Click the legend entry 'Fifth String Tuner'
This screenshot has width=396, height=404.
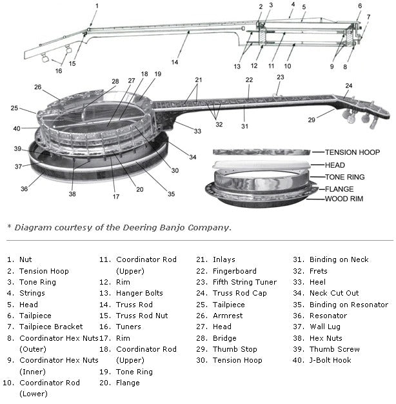click(244, 282)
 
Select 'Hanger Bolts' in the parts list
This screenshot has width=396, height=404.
click(139, 293)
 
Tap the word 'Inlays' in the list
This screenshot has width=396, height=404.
click(224, 259)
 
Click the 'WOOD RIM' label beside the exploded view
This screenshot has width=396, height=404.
click(344, 199)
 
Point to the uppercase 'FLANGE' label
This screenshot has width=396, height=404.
click(340, 189)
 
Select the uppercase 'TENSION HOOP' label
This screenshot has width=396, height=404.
click(352, 152)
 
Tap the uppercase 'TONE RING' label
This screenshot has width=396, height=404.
click(345, 177)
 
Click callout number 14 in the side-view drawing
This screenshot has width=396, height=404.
click(175, 63)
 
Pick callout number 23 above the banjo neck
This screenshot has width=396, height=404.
click(280, 77)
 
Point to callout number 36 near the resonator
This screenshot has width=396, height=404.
click(24, 189)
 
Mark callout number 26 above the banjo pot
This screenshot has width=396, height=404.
click(37, 87)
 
